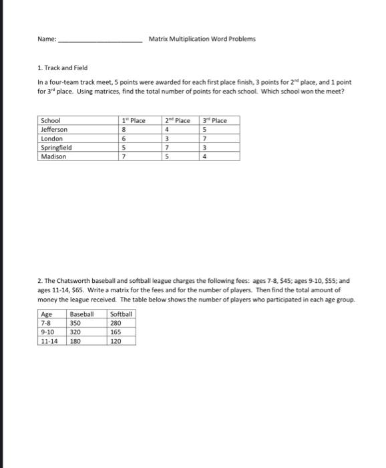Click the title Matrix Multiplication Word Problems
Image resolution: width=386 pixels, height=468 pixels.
coord(202,39)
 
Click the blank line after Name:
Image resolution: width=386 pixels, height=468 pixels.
coord(100,39)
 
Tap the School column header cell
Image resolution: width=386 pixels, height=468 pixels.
coord(51,120)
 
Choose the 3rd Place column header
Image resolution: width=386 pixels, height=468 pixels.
coord(215,120)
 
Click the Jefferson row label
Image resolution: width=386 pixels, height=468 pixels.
coord(54,129)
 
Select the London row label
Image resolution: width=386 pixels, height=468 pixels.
coord(51,138)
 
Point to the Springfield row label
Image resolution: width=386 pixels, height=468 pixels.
coord(56,147)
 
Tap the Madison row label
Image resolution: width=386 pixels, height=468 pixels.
coord(53,156)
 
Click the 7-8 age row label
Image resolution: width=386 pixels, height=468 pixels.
coord(46,322)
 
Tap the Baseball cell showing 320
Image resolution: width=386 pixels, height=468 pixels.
coord(75,331)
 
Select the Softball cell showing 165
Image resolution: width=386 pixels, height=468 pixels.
coord(116,331)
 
